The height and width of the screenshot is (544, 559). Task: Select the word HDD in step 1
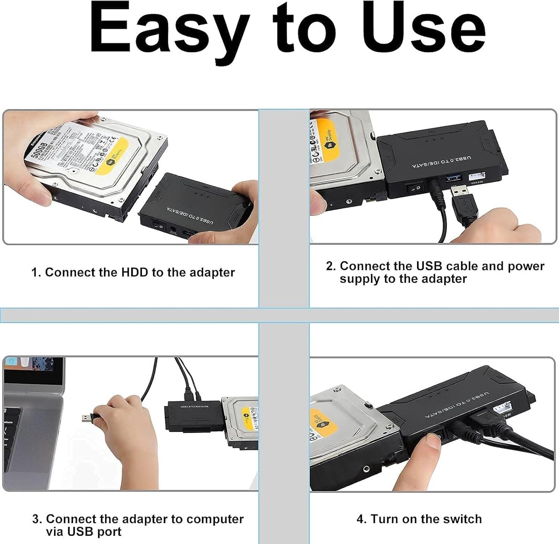click(x=135, y=272)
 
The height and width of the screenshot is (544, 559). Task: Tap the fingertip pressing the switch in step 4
click(x=432, y=441)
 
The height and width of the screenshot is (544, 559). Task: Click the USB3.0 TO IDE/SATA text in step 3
click(x=194, y=406)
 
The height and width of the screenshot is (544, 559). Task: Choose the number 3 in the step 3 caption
click(x=36, y=519)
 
